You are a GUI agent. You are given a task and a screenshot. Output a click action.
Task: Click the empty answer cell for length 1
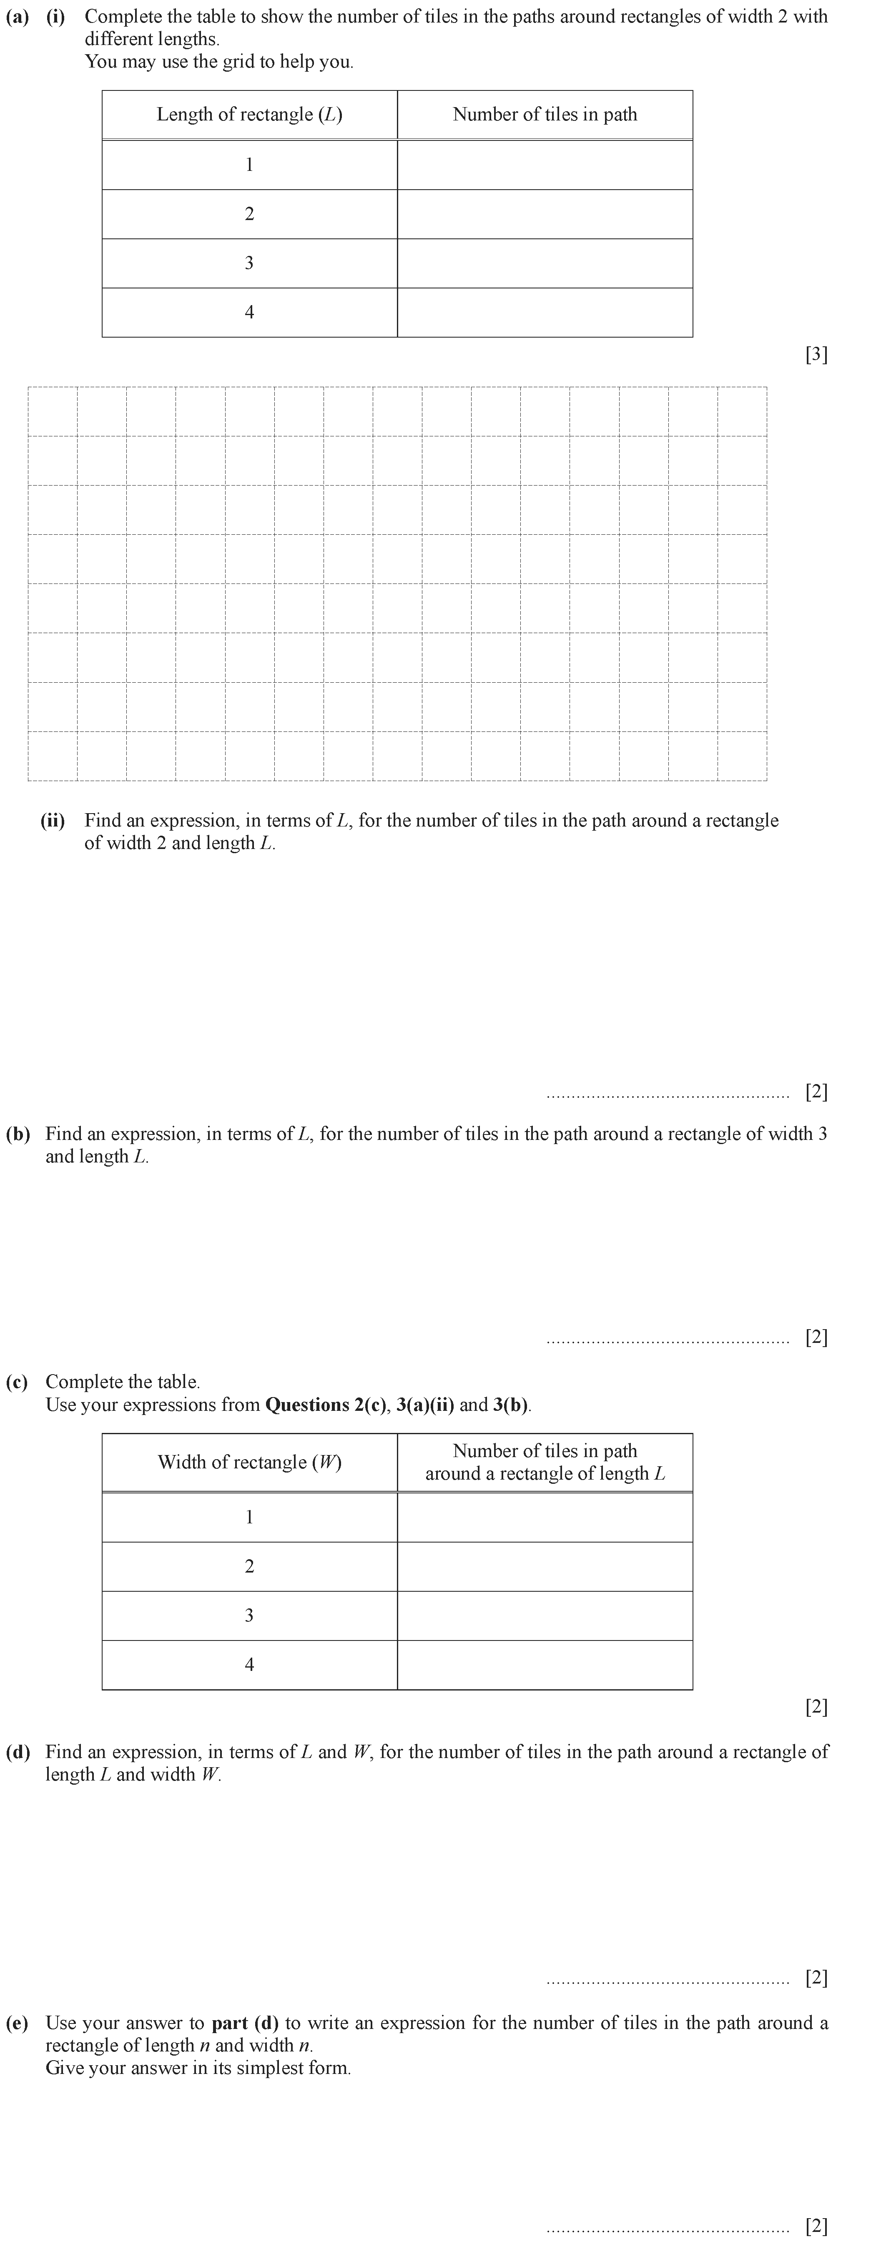pyautogui.click(x=545, y=165)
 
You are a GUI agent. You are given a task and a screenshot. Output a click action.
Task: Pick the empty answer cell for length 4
pyautogui.click(x=545, y=312)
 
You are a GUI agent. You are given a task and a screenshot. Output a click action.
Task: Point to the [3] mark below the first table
pyautogui.click(x=816, y=355)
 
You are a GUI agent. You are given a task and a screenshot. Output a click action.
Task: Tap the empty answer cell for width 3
pyautogui.click(x=545, y=1616)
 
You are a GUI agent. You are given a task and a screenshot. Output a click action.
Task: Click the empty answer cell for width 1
pyautogui.click(x=545, y=1518)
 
